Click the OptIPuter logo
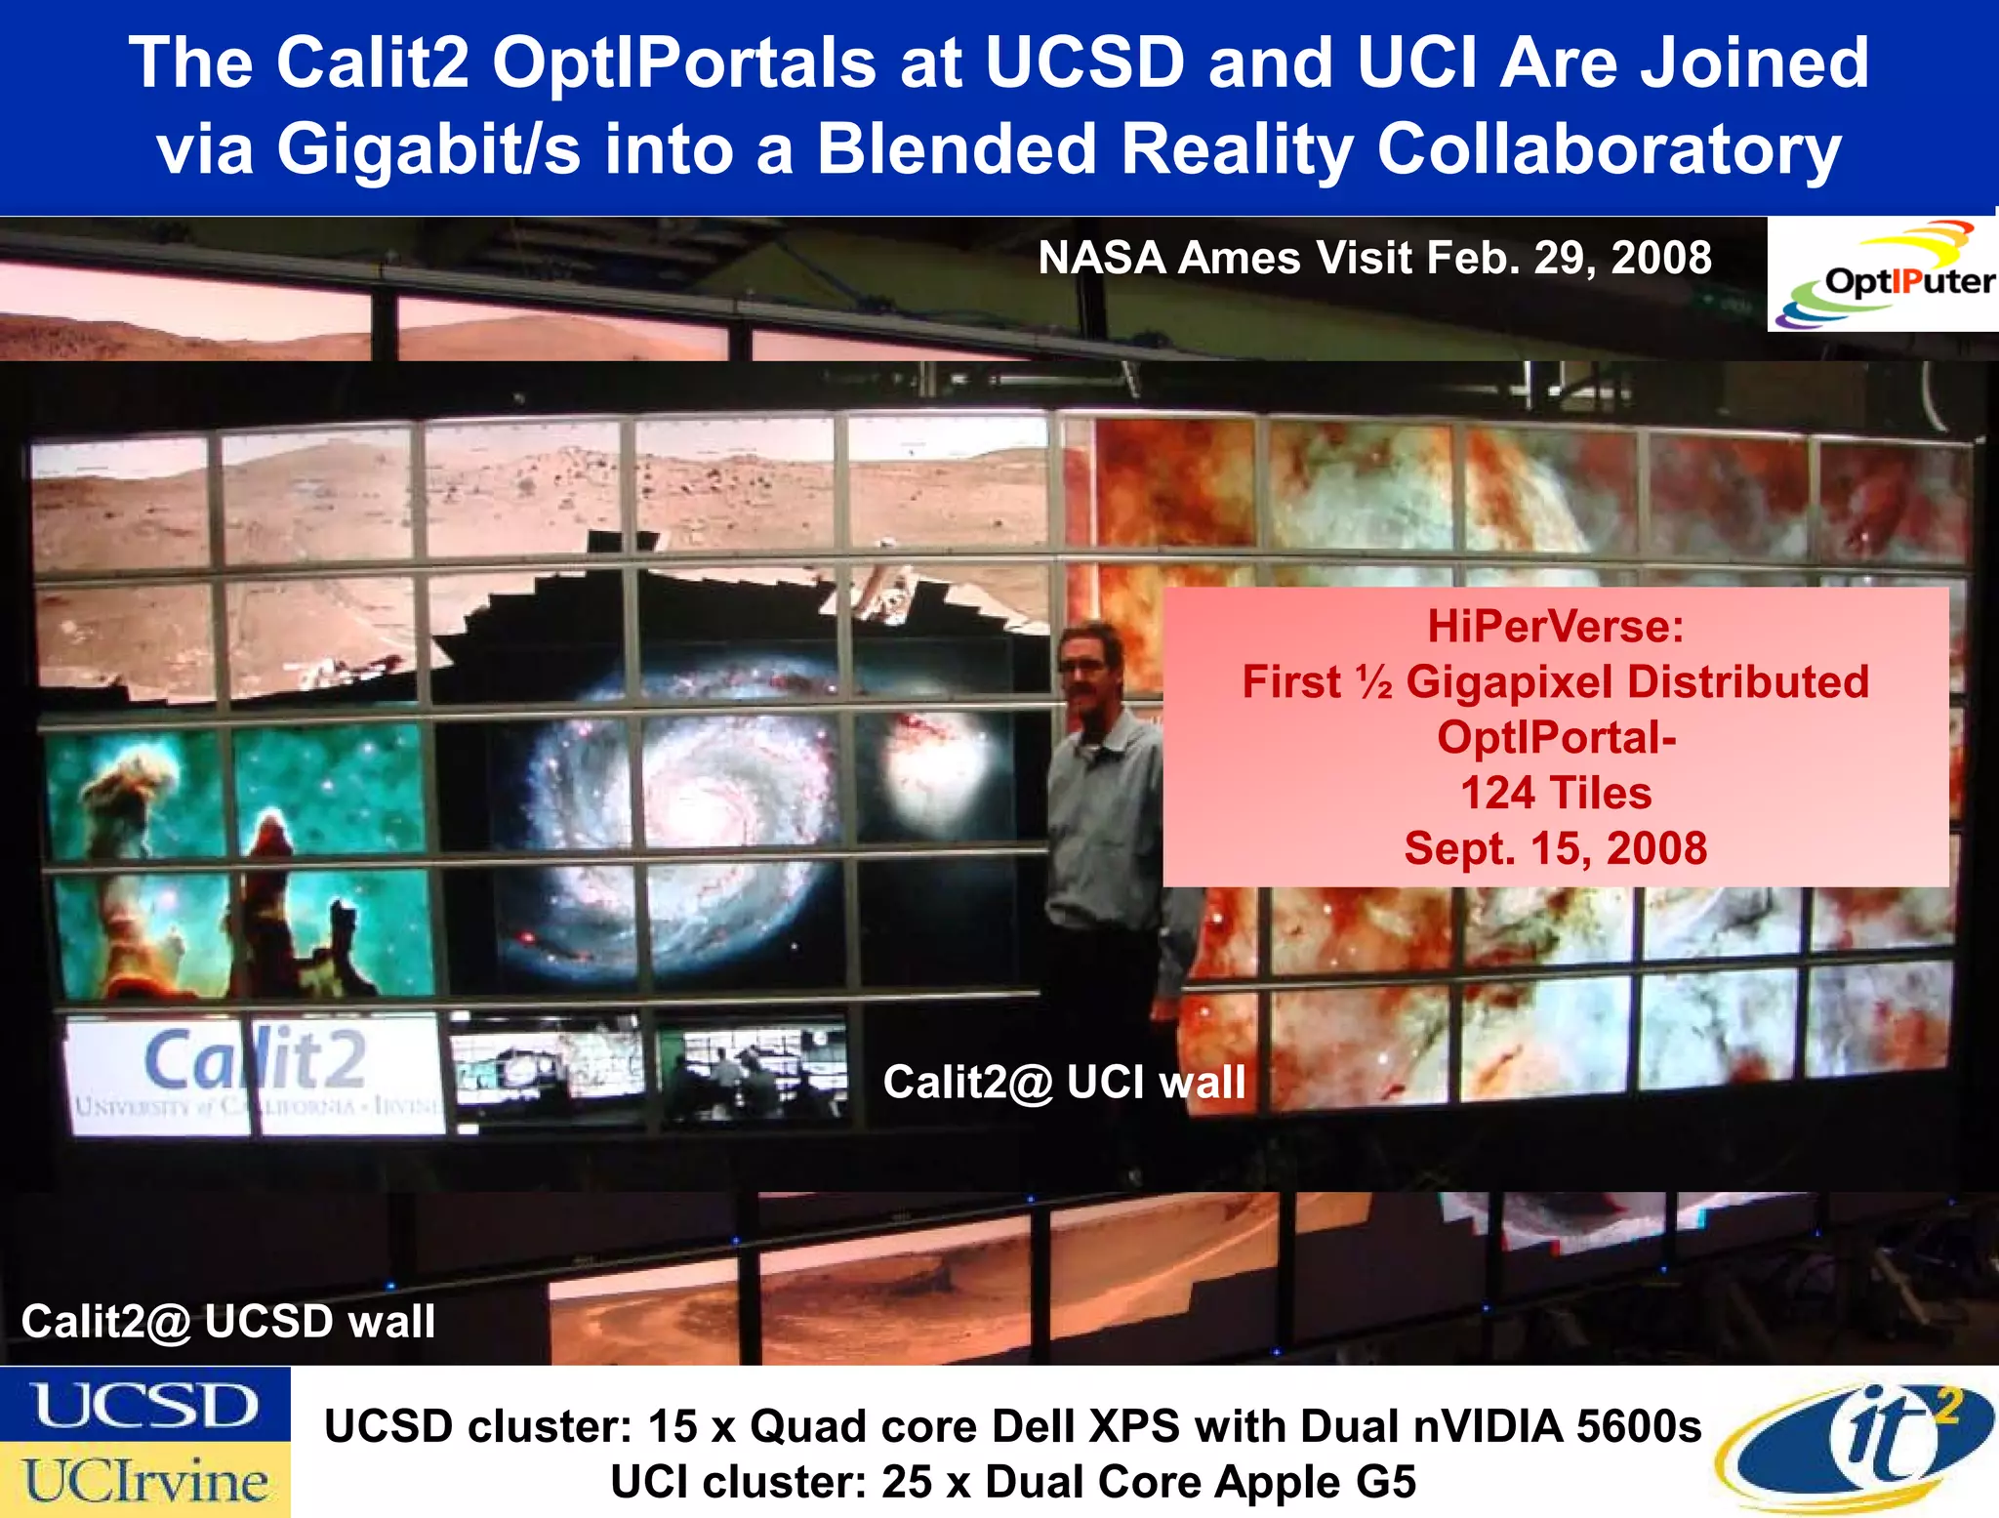point(1884,275)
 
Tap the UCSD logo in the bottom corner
point(144,1406)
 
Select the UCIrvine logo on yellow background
point(144,1480)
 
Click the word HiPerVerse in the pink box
point(1555,627)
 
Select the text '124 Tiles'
point(1555,793)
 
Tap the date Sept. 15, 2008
point(1555,848)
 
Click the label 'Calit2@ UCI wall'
point(1064,1083)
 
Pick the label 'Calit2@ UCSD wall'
point(227,1322)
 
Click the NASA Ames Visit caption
point(1373,259)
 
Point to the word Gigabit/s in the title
point(428,149)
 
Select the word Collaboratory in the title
point(1609,149)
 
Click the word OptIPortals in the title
point(683,63)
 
